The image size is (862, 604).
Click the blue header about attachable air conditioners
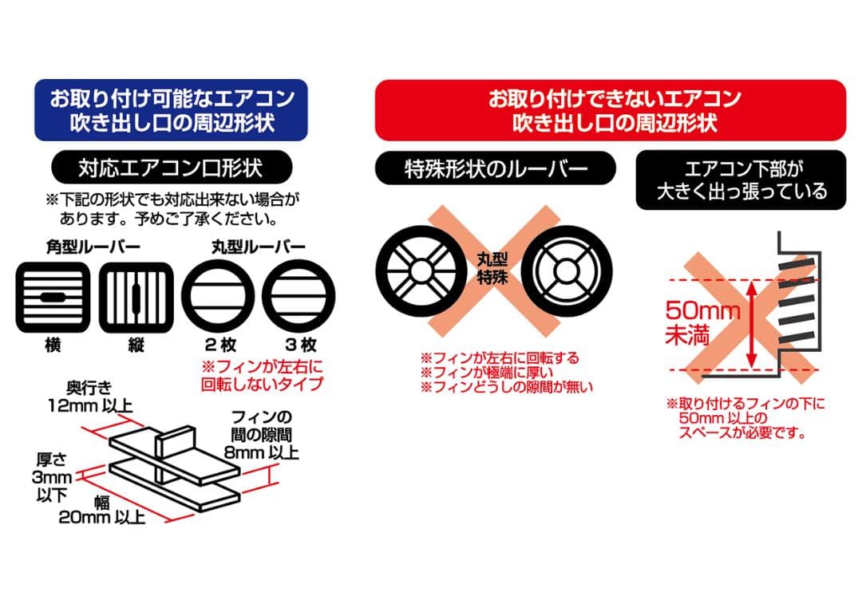point(172,110)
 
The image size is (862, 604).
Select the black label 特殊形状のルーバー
point(495,168)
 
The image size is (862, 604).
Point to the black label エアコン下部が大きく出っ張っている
point(741,180)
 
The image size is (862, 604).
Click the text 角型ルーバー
point(93,247)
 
